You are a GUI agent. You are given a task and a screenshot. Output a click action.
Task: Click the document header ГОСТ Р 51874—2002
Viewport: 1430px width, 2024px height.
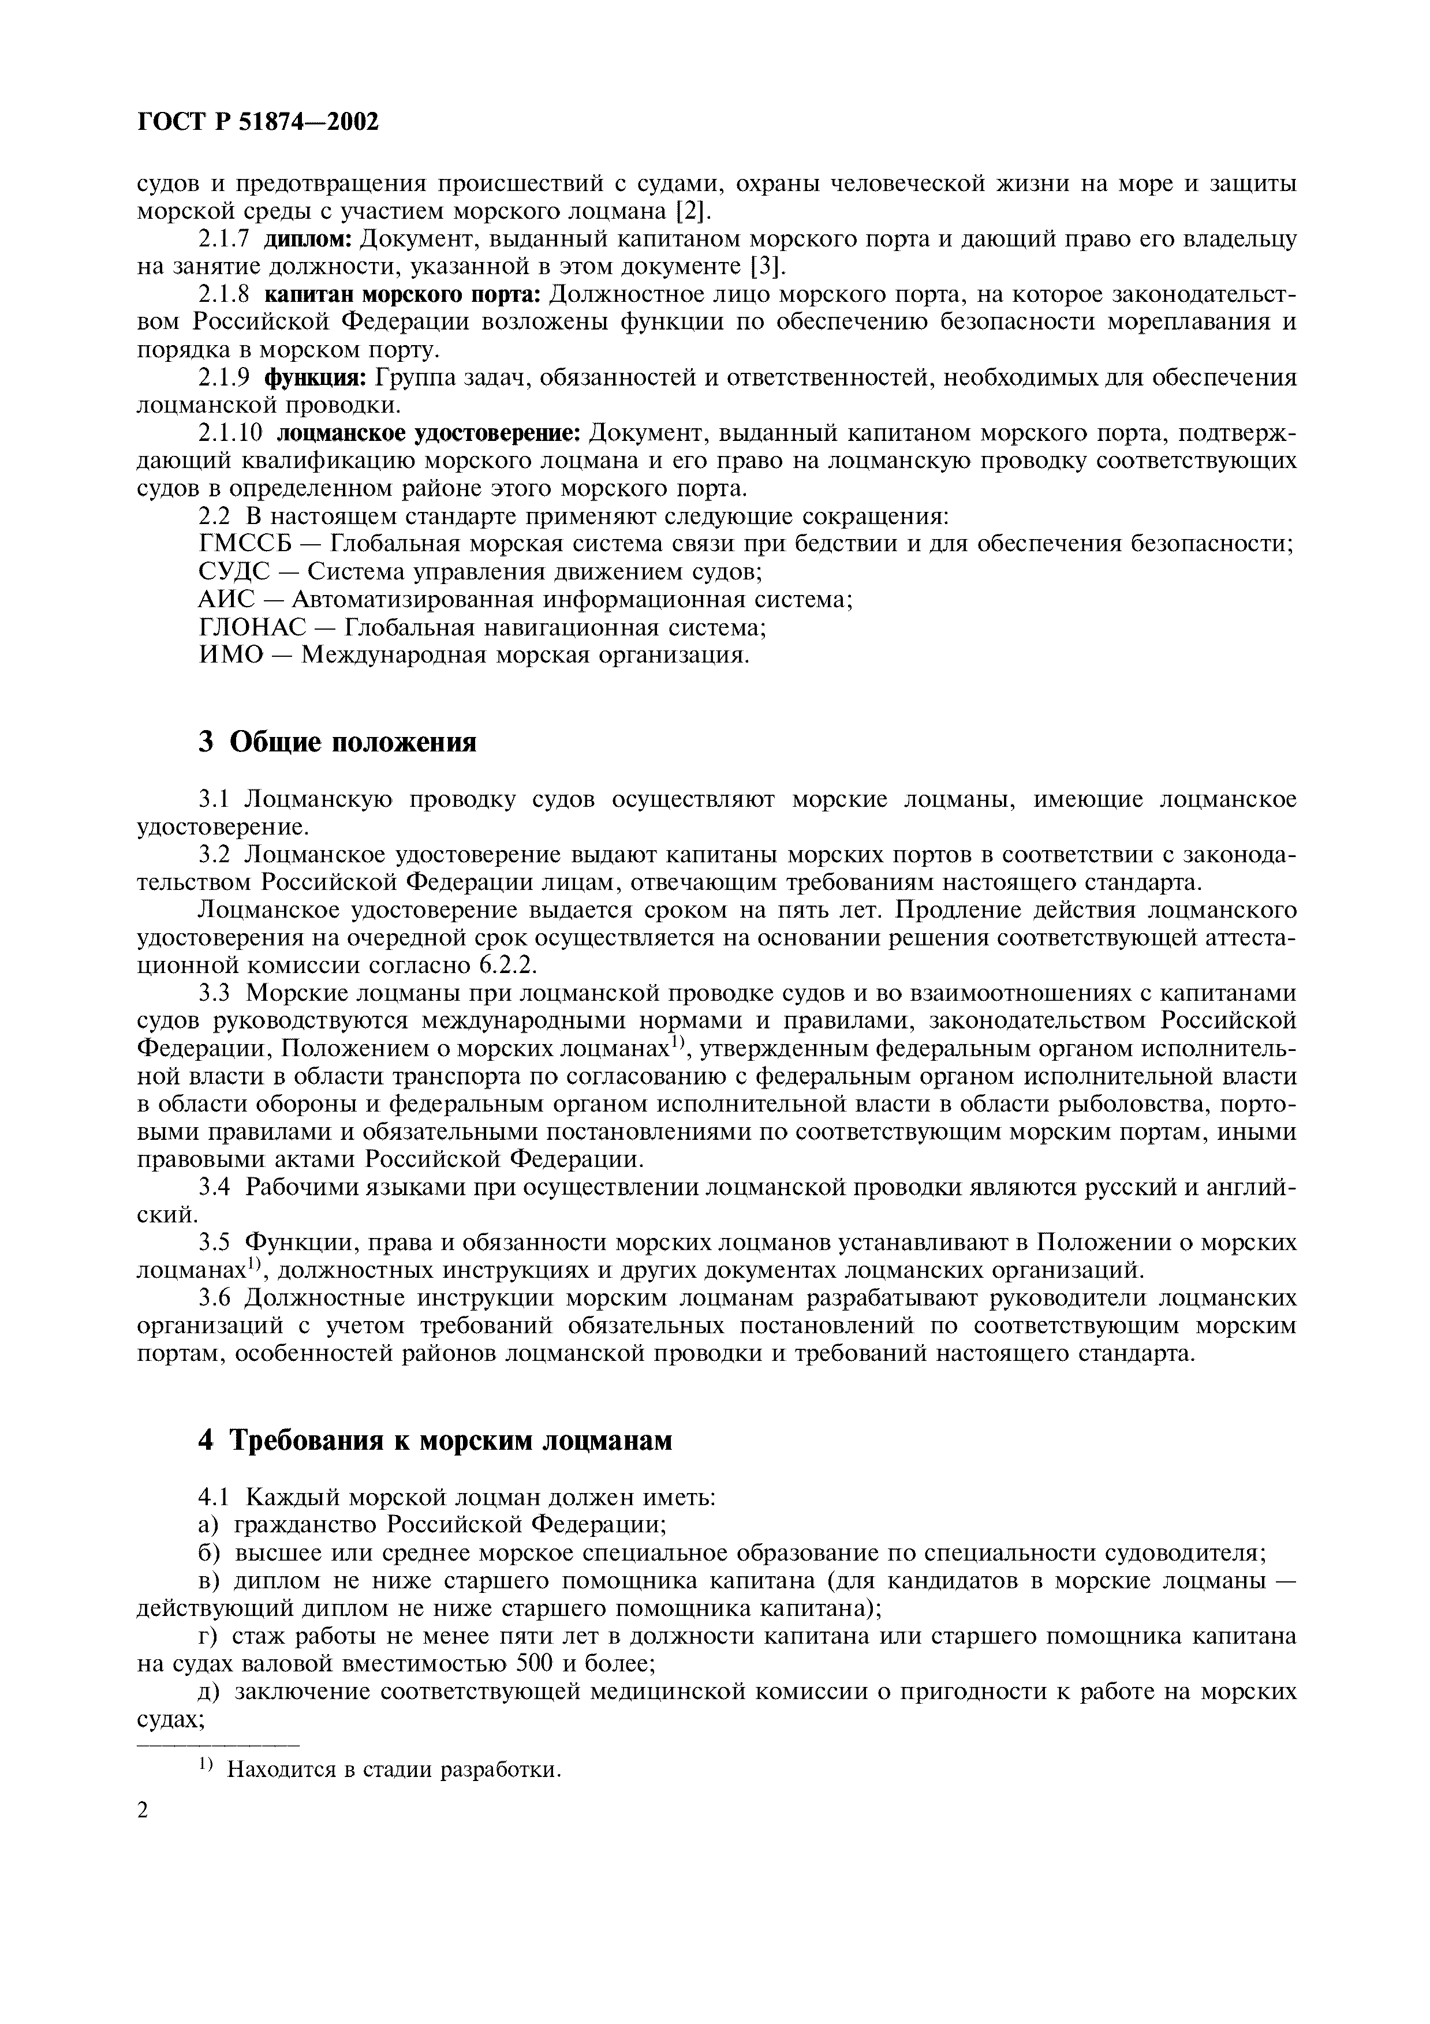coord(258,122)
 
